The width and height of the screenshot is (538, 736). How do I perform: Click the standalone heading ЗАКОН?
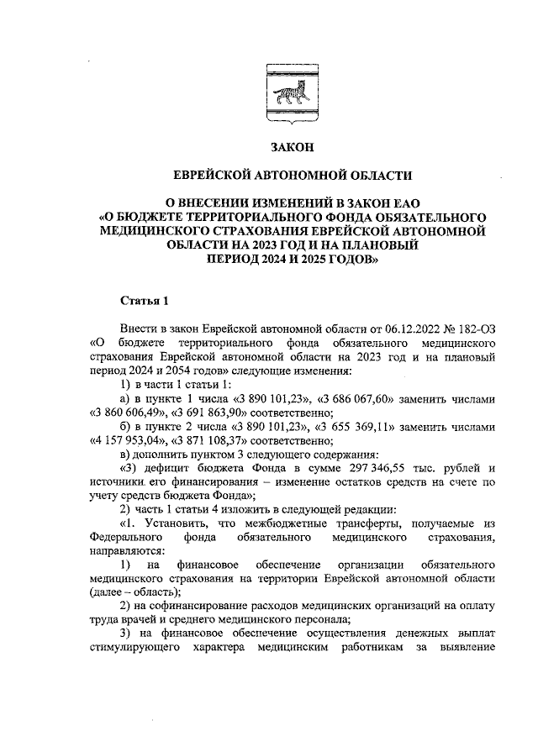(x=291, y=148)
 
